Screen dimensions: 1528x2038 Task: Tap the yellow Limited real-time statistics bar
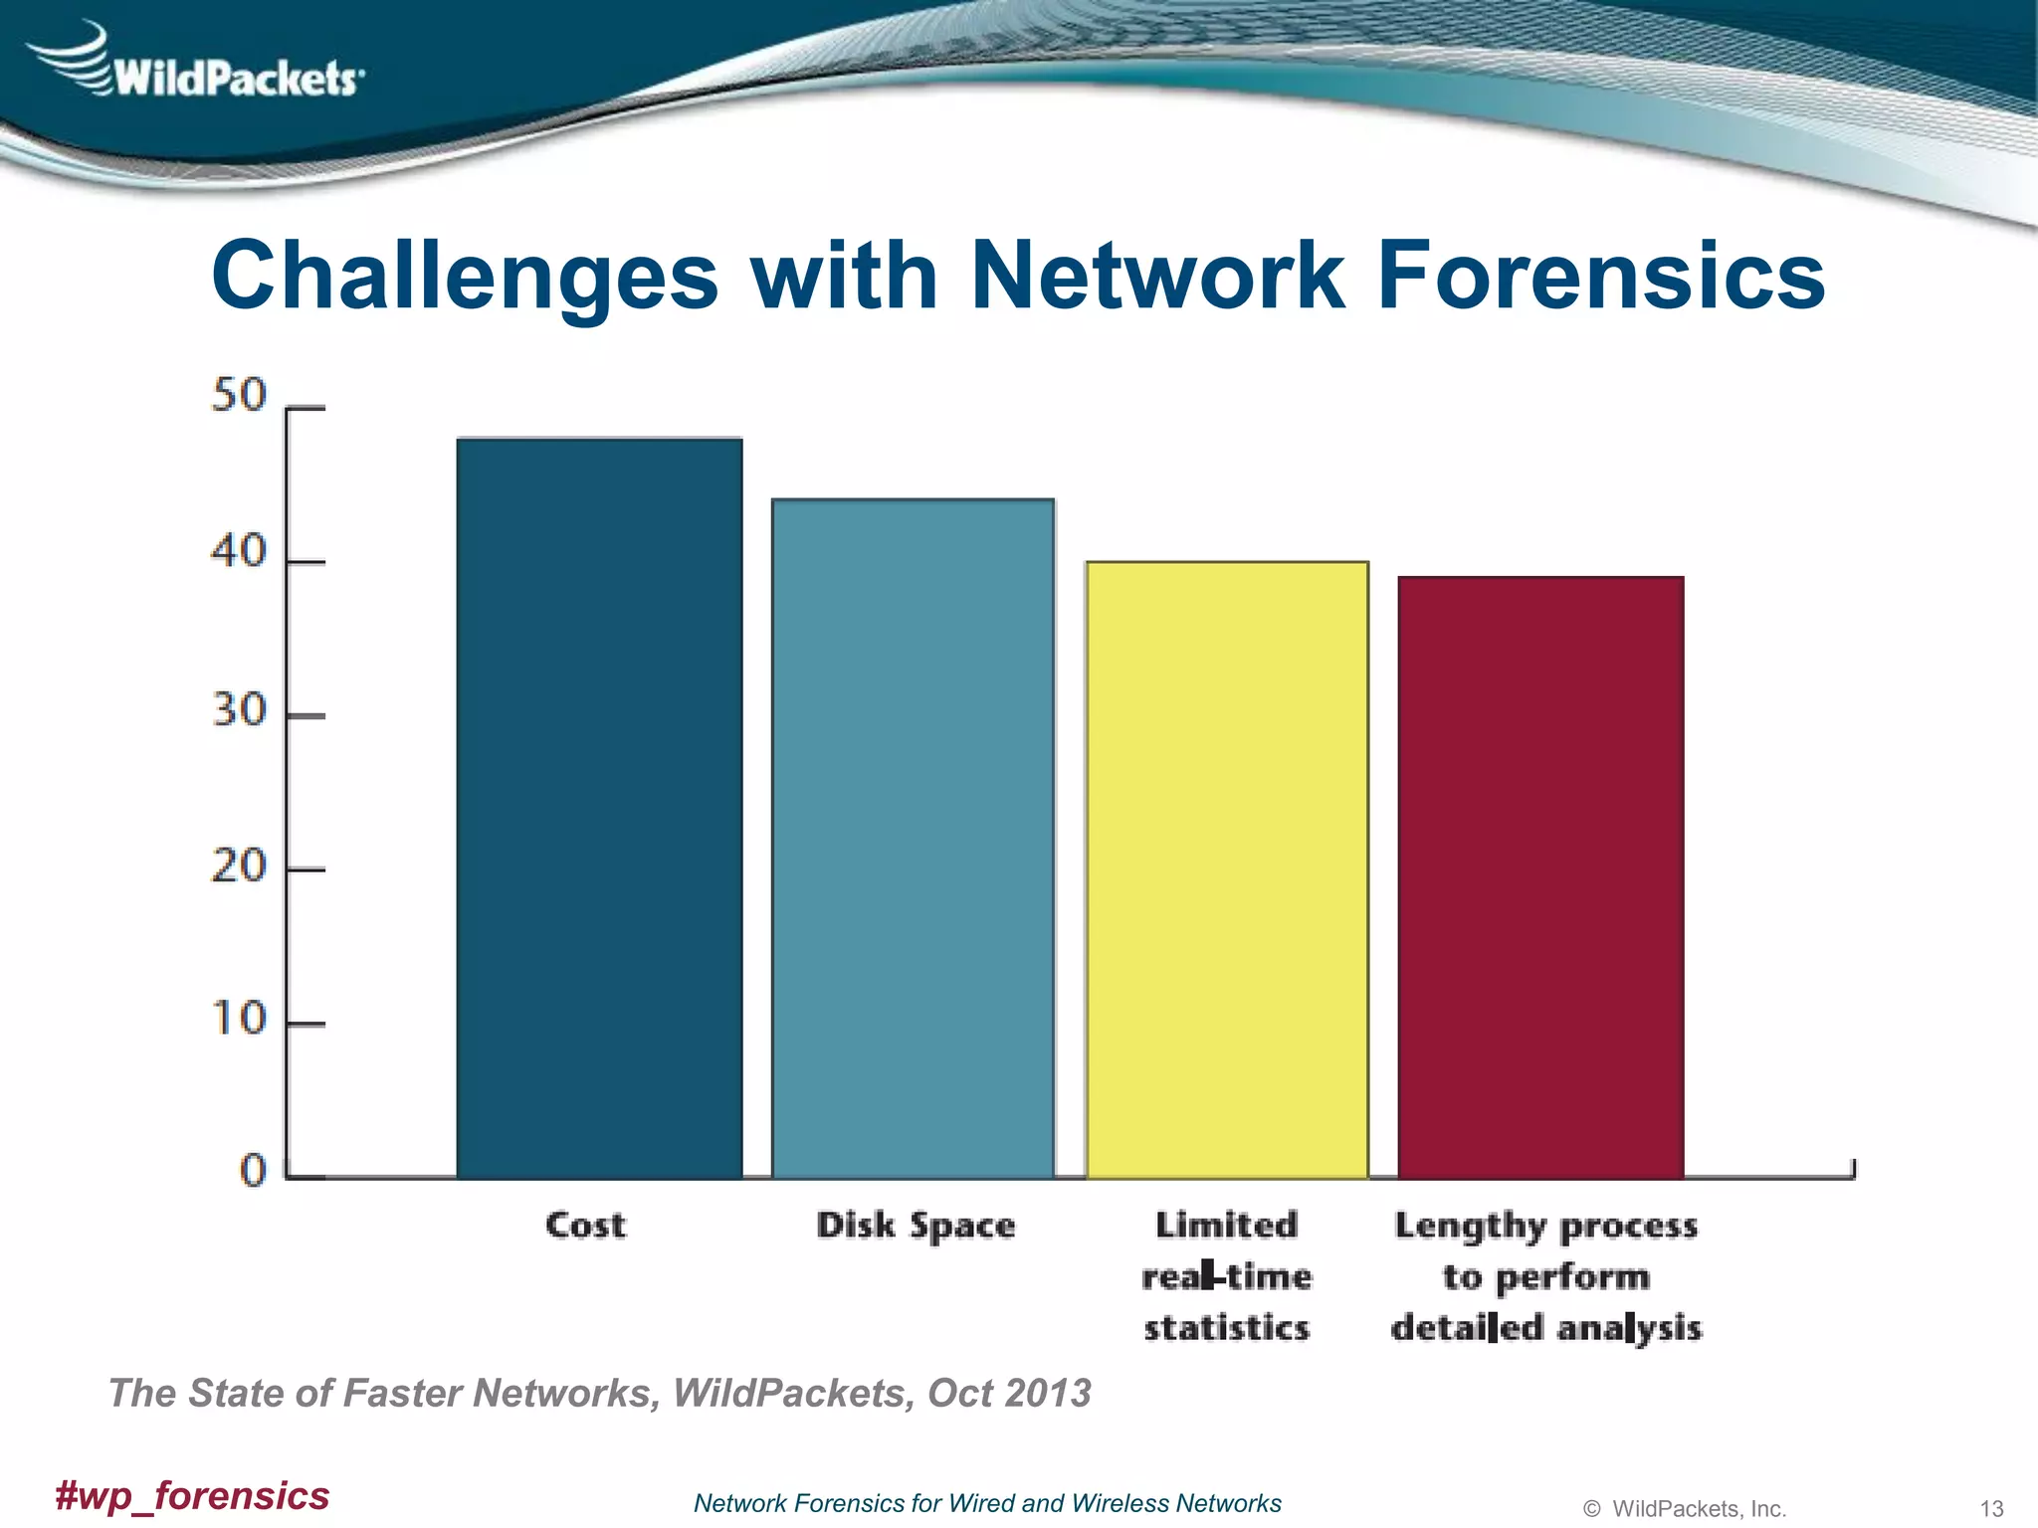click(1227, 869)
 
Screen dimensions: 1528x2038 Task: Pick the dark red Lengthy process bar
click(1540, 876)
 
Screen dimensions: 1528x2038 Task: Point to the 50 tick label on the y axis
click(239, 396)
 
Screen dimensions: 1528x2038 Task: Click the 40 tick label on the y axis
click(239, 551)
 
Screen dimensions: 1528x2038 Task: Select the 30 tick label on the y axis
click(239, 710)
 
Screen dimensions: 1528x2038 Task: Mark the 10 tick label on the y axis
click(239, 1019)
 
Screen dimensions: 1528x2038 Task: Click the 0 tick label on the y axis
click(254, 1170)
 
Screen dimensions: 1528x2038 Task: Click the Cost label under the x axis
click(586, 1225)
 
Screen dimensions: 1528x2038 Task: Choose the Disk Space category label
click(916, 1226)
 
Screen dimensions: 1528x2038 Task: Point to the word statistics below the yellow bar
click(1227, 1328)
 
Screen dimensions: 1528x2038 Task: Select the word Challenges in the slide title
click(465, 277)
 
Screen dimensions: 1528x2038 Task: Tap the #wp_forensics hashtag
click(192, 1495)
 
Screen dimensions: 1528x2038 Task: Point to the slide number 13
click(1991, 1508)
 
